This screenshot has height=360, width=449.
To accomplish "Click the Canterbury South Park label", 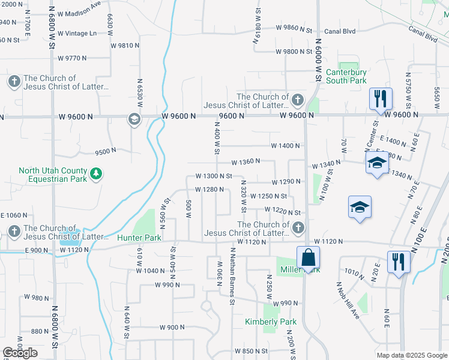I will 346,76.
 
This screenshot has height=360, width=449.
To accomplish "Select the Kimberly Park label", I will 271,322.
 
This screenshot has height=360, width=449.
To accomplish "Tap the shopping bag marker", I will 307,257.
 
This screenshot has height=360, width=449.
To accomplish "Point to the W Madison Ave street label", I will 81,8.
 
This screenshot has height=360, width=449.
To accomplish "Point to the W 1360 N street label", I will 246,161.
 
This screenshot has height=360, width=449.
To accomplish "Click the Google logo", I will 20,353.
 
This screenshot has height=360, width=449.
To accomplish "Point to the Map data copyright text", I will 412,355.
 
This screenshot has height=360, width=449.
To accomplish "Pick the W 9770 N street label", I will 72,58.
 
